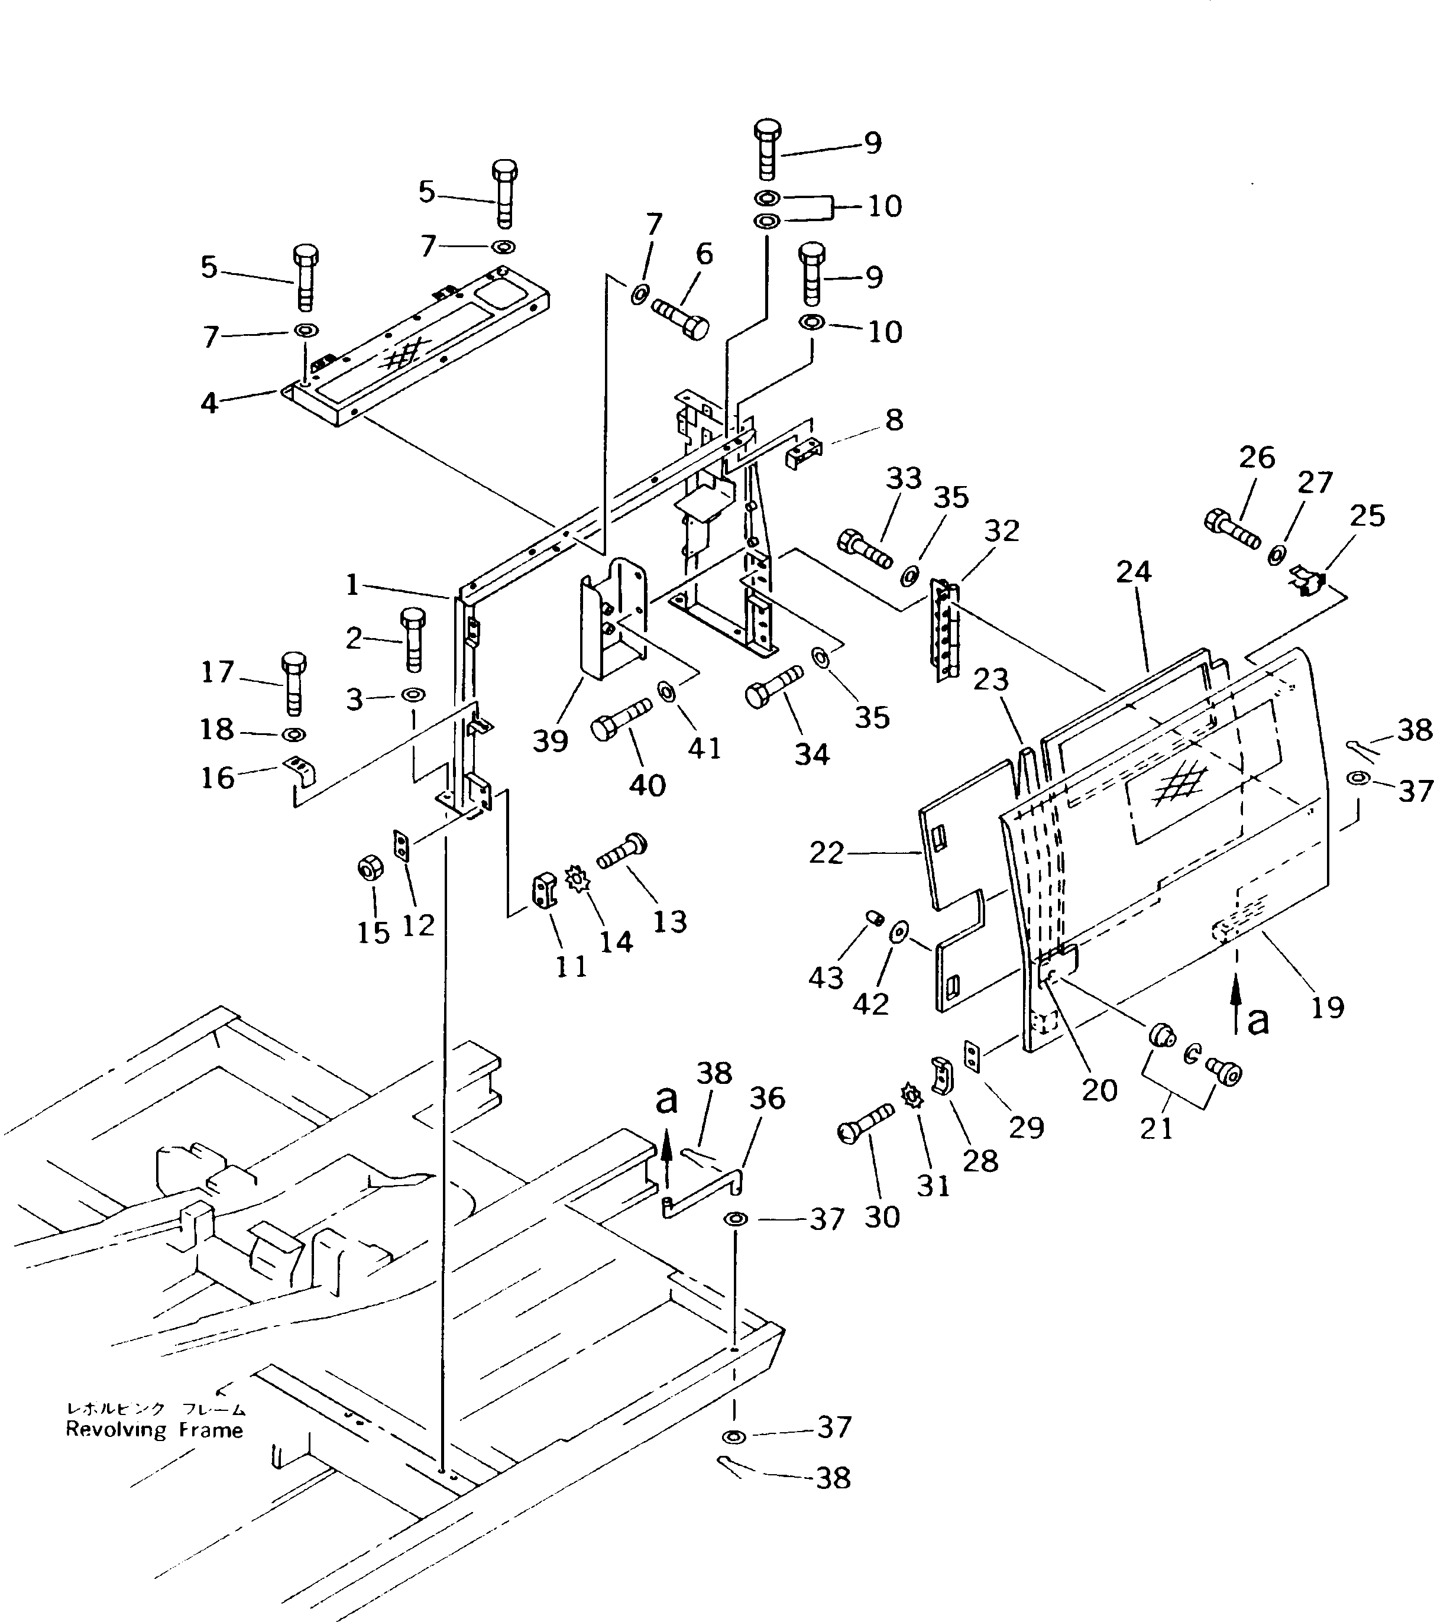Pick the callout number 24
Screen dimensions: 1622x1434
[1133, 571]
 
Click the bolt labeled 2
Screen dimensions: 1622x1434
[413, 638]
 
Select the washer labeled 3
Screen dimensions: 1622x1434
[413, 695]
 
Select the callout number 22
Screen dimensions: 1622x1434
[826, 853]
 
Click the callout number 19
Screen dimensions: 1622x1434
[1327, 1007]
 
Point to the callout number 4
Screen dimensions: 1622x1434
[209, 403]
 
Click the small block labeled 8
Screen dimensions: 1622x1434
[801, 455]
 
